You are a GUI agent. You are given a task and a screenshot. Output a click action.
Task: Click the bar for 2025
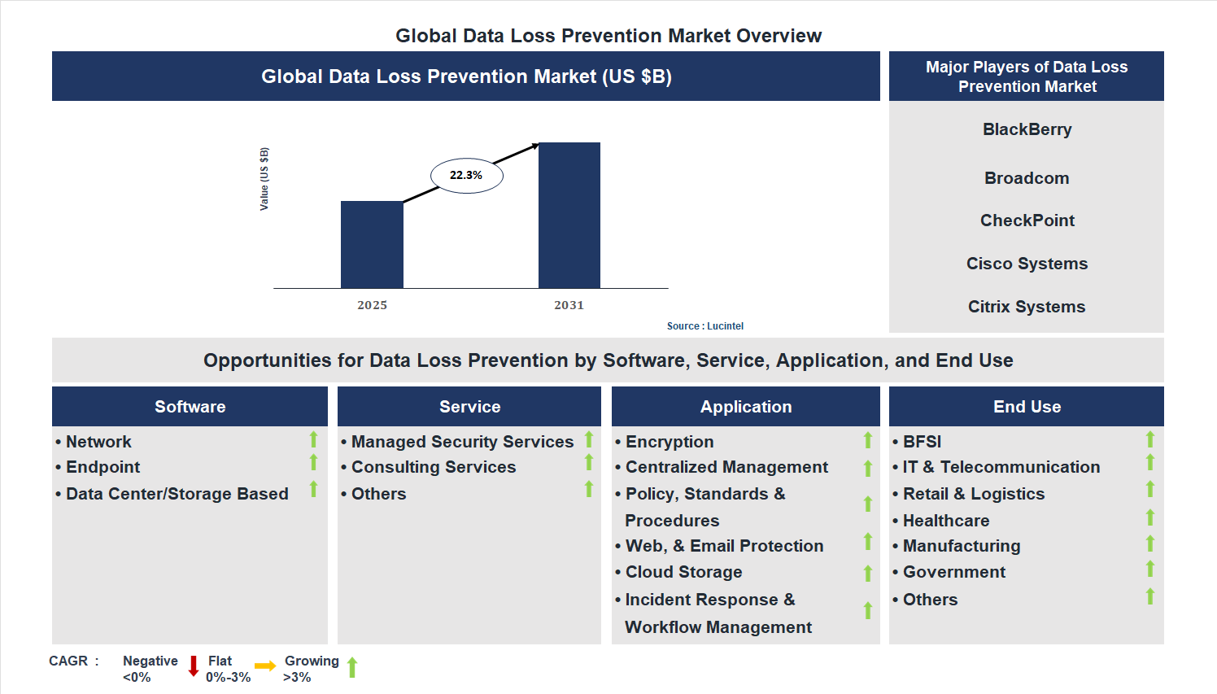pos(372,244)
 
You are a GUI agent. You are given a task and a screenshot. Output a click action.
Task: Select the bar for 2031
pos(569,216)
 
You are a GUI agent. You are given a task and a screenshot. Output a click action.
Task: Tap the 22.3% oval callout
pos(466,175)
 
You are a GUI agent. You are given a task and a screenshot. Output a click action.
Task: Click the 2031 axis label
pos(569,305)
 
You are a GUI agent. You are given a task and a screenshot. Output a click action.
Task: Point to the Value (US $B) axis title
pos(264,179)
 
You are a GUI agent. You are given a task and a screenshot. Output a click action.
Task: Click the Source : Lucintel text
pos(704,326)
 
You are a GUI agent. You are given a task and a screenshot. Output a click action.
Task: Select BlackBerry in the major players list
pos(1027,129)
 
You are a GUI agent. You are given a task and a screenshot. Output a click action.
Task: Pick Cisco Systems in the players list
pos(1027,264)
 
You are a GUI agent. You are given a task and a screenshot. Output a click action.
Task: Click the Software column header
pos(190,407)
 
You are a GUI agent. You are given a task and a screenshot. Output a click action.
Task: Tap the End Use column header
pos(1027,407)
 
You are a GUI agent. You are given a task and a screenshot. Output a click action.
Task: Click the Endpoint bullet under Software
pos(103,467)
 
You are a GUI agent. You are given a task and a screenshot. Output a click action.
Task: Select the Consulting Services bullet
pos(433,467)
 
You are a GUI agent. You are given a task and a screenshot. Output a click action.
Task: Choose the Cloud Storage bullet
pos(683,572)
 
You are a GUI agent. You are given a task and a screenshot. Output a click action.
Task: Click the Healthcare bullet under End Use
pos(945,521)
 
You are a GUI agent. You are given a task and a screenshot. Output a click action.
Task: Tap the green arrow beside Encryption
pos(868,440)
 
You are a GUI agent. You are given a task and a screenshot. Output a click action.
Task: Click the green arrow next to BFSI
pos(1150,439)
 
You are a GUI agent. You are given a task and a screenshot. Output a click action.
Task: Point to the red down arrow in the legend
pos(194,666)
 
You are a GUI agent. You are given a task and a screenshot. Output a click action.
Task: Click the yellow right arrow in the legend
pos(265,666)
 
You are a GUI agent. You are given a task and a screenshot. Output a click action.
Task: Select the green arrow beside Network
pos(313,439)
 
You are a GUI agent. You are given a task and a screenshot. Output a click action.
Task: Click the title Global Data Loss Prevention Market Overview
pos(608,36)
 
